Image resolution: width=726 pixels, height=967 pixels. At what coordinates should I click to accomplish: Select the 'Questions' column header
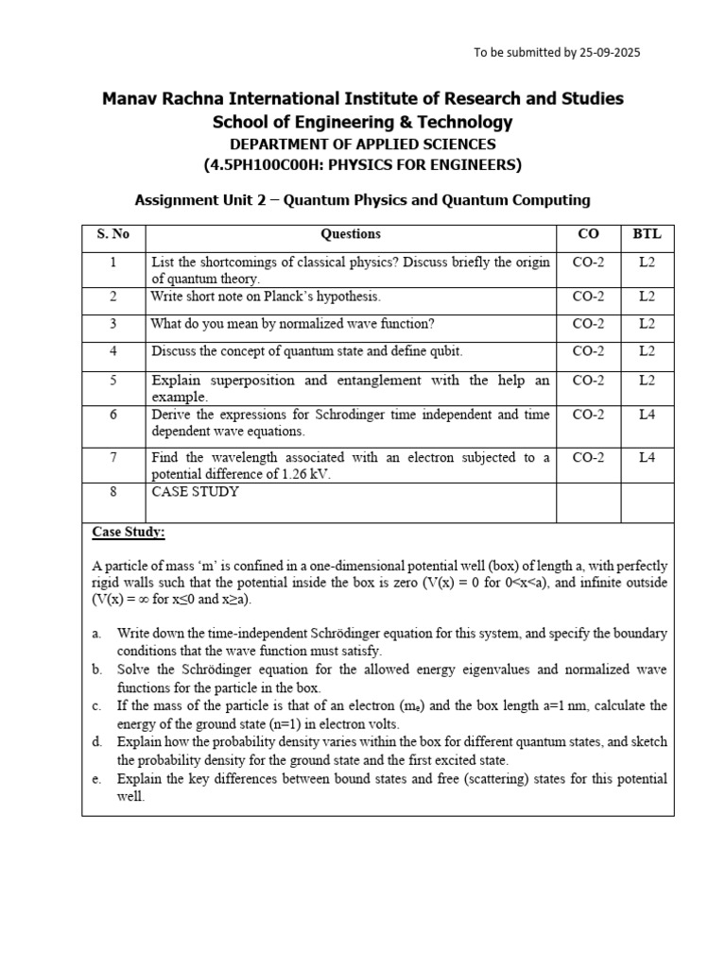click(x=351, y=234)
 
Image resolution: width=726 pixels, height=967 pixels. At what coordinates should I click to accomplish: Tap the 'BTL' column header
click(x=647, y=234)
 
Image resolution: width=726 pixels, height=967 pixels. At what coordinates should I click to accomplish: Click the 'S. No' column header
click(x=112, y=234)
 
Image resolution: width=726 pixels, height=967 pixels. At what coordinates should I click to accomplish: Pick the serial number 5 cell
click(x=112, y=381)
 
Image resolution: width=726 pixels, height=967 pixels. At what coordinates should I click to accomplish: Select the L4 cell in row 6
click(x=647, y=415)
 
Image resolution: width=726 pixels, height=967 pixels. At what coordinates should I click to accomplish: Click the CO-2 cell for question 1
click(x=588, y=263)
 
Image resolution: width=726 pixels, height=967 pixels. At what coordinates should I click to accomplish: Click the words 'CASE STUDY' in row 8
click(x=195, y=492)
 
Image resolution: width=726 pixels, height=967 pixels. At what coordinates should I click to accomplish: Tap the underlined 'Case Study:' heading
click(x=128, y=533)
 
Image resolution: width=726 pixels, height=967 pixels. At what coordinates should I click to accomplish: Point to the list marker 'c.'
click(x=96, y=706)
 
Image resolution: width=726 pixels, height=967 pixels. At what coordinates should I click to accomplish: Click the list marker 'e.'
click(x=96, y=780)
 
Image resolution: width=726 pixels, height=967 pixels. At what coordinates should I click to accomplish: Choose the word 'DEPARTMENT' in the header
click(x=280, y=144)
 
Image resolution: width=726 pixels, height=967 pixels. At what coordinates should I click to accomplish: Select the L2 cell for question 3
click(x=647, y=324)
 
